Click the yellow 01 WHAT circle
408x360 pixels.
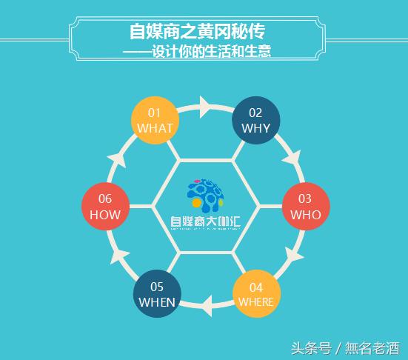pyautogui.click(x=155, y=120)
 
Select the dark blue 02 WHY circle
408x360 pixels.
pyautogui.click(x=255, y=120)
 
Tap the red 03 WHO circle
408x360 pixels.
pyautogui.click(x=305, y=206)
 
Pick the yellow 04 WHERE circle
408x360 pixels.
pyautogui.click(x=255, y=293)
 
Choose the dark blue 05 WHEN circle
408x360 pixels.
pyautogui.click(x=157, y=293)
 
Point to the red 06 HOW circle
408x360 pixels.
pyautogui.click(x=105, y=206)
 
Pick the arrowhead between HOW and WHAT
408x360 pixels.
pyautogui.click(x=116, y=158)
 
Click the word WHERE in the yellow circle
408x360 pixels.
pyautogui.click(x=255, y=302)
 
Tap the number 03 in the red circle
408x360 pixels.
pyautogui.click(x=305, y=199)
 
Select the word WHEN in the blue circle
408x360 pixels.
pyautogui.click(x=157, y=302)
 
